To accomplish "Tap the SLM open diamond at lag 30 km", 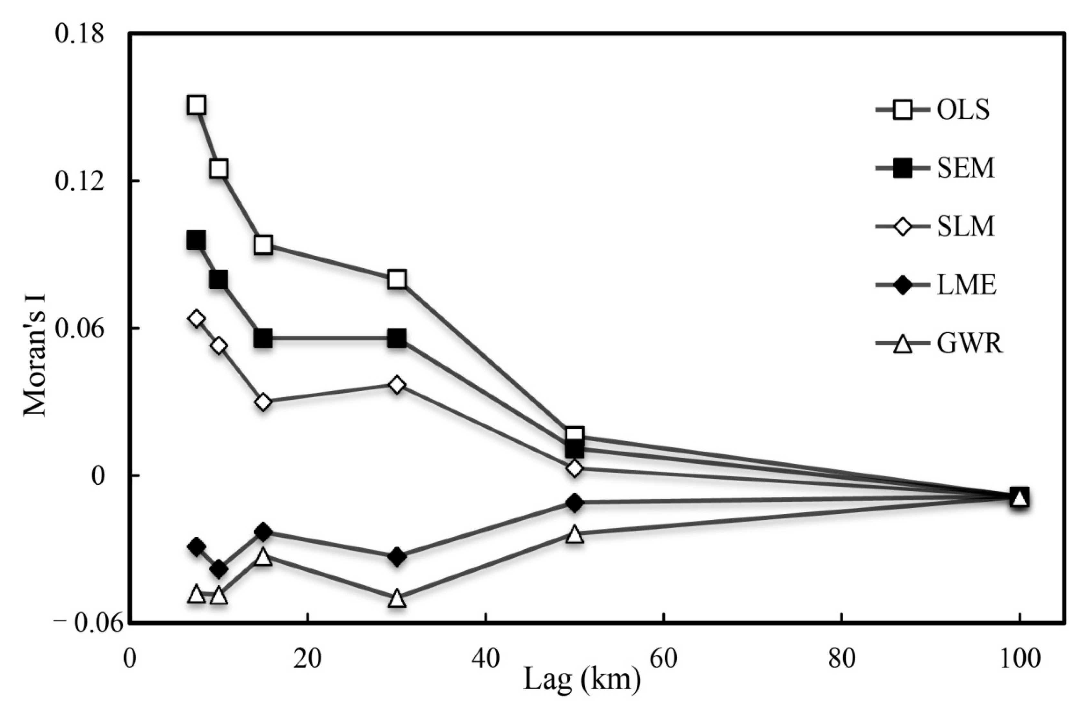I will pyautogui.click(x=397, y=385).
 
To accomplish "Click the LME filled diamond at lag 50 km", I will pyautogui.click(x=575, y=503).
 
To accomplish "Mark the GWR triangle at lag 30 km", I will pyautogui.click(x=397, y=599).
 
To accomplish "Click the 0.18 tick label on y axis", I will pyautogui.click(x=80, y=34).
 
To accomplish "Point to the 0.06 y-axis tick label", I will pyautogui.click(x=80, y=328).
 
